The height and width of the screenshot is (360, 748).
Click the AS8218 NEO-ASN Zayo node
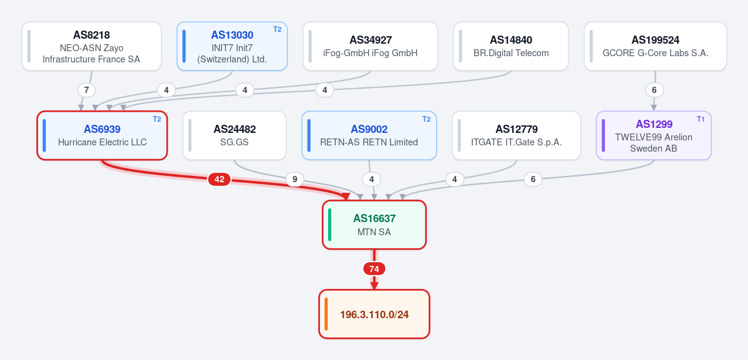pyautogui.click(x=92, y=46)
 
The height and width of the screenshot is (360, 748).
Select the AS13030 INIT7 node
pyautogui.click(x=232, y=46)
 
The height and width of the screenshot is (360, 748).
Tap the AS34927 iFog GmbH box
pyautogui.click(x=370, y=46)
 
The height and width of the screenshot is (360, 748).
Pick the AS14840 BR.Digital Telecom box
pyautogui.click(x=511, y=46)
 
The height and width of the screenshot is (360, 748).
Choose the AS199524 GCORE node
pyautogui.click(x=656, y=46)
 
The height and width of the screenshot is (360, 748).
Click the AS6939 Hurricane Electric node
pyautogui.click(x=102, y=135)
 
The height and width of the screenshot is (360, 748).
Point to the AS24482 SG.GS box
pyautogui.click(x=235, y=135)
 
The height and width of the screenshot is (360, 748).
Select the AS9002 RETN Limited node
pyautogui.click(x=369, y=135)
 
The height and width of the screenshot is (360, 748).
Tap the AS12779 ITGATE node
pyautogui.click(x=517, y=135)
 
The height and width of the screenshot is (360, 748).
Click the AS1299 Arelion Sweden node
pyautogui.click(x=654, y=135)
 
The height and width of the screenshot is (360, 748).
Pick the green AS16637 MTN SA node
pyautogui.click(x=374, y=225)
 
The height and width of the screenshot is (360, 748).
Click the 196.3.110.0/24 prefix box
pyautogui.click(x=374, y=314)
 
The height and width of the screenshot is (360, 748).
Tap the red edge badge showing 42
pyautogui.click(x=220, y=179)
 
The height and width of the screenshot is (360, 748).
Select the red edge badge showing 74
pyautogui.click(x=374, y=269)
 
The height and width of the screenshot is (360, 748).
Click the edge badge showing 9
pyautogui.click(x=295, y=179)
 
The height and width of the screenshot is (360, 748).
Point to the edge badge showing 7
pyautogui.click(x=86, y=90)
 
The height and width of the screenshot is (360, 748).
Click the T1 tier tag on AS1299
pyautogui.click(x=701, y=119)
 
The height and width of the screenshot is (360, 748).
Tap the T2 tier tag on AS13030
pyautogui.click(x=277, y=29)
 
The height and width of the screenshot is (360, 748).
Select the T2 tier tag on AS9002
pyautogui.click(x=426, y=119)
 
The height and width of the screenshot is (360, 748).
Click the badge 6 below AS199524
pyautogui.click(x=654, y=90)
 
